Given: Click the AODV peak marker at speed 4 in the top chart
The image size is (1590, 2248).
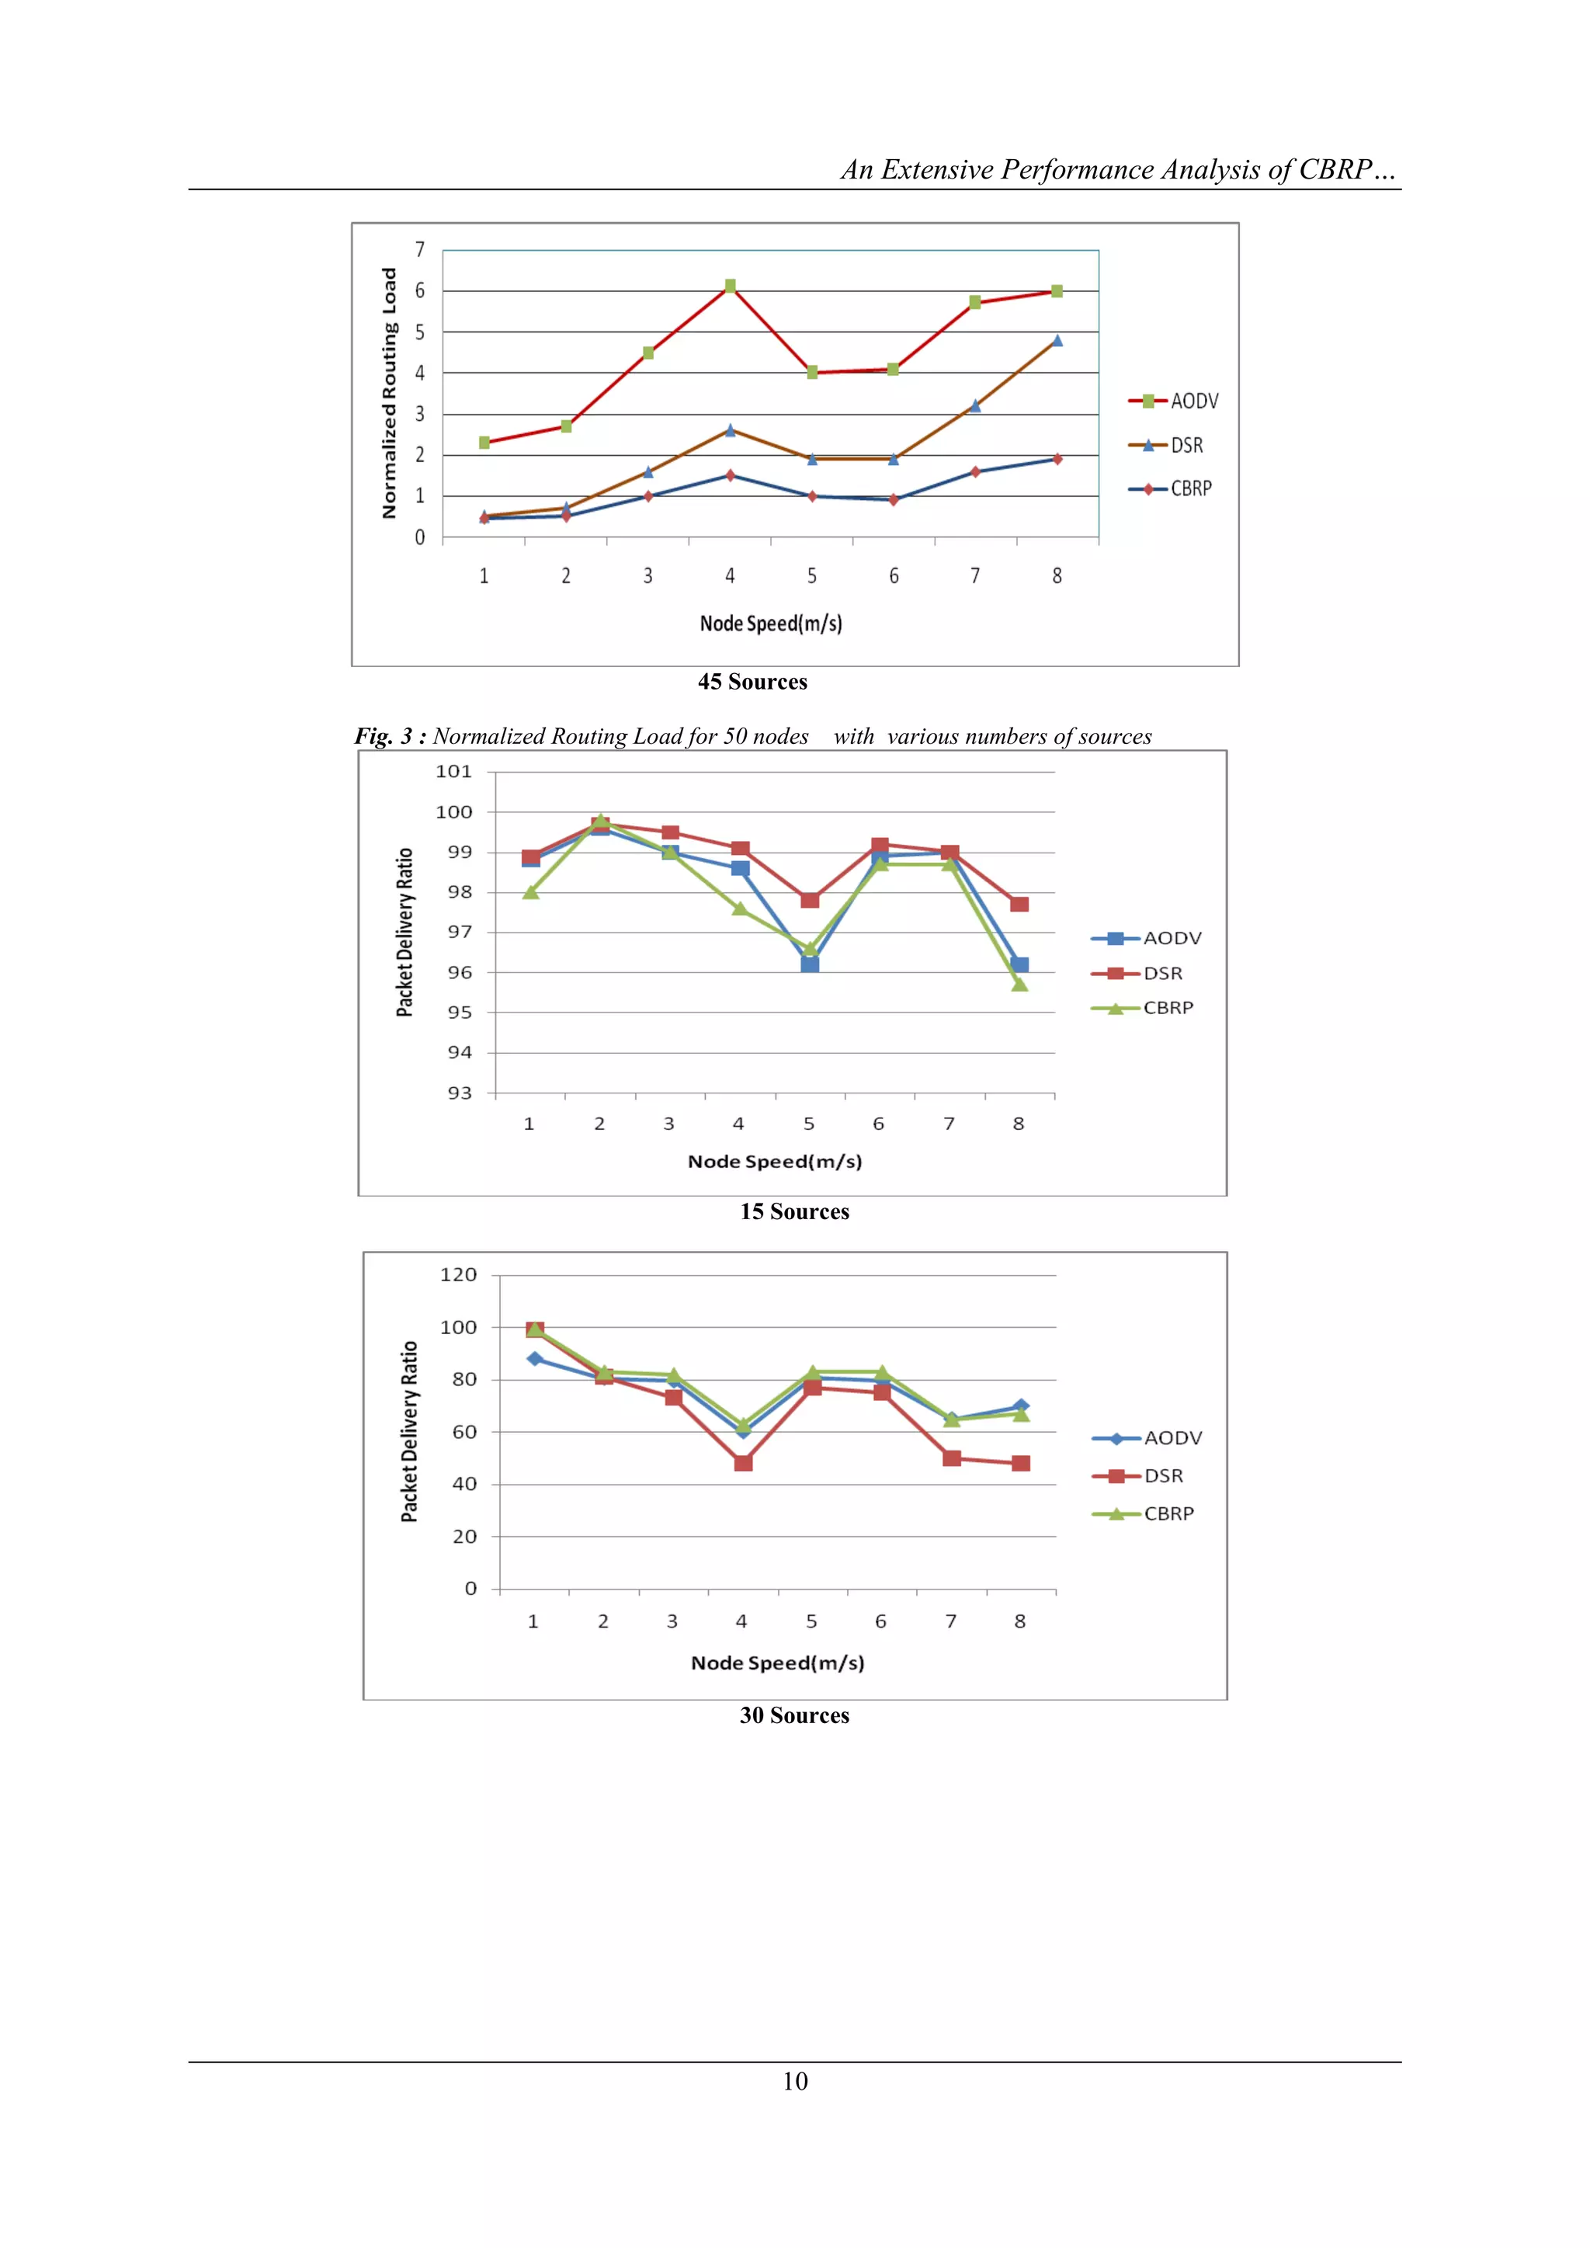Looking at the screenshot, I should (x=731, y=286).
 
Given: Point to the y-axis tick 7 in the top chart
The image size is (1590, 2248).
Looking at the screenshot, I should (x=420, y=250).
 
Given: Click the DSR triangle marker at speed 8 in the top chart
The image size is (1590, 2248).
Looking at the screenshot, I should (x=1057, y=341).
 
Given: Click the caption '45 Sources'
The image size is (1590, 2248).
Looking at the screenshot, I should (x=752, y=683).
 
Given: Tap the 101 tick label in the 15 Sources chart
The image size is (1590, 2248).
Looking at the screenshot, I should (x=453, y=772).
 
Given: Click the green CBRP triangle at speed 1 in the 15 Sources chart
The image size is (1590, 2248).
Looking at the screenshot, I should (x=531, y=892).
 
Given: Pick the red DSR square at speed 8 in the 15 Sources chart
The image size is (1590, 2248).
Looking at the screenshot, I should (x=1019, y=904).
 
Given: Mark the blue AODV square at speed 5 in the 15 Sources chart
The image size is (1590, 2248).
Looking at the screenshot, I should (x=810, y=964).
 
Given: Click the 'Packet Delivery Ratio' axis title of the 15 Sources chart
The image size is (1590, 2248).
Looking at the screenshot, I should (x=404, y=932).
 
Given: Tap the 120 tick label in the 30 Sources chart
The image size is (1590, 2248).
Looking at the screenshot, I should (x=458, y=1275).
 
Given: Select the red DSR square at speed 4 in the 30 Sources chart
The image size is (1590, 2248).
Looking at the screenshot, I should (x=743, y=1463).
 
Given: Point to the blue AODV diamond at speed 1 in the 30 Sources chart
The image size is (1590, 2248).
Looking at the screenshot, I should (x=535, y=1359).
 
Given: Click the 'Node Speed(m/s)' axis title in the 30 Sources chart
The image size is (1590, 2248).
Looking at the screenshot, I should (x=777, y=1663).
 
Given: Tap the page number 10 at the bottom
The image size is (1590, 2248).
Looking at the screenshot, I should (x=795, y=2080).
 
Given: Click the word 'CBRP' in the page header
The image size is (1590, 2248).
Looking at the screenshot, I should (x=1334, y=170).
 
